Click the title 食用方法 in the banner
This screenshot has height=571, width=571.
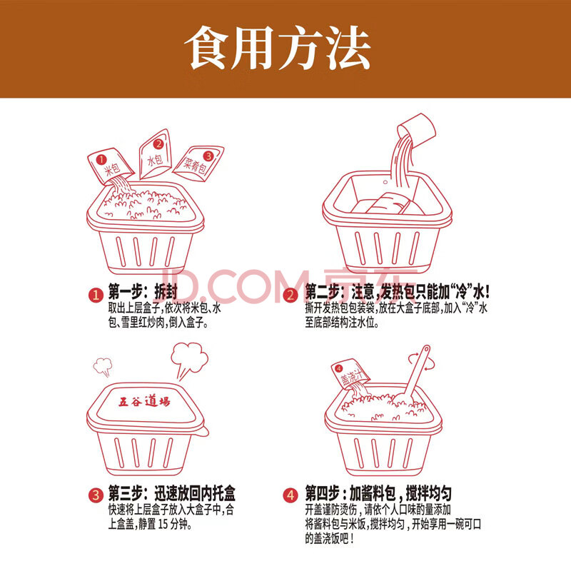[x=278, y=48]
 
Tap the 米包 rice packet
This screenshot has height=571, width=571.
[x=111, y=166]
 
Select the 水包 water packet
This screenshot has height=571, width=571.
[x=156, y=154]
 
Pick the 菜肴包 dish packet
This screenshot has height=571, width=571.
[x=198, y=163]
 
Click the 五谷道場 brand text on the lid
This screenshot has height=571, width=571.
[x=144, y=402]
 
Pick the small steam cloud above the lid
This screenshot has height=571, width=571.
[x=103, y=366]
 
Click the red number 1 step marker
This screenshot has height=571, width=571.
[x=96, y=295]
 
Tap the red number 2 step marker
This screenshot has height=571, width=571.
[x=290, y=295]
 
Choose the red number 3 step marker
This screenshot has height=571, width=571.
[x=96, y=495]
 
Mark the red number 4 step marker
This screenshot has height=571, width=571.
[x=290, y=495]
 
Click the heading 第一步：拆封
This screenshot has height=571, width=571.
[x=143, y=291]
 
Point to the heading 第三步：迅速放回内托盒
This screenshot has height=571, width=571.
[x=171, y=493]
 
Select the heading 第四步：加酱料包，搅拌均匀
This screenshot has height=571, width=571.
[x=378, y=493]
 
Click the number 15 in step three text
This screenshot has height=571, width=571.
[x=163, y=524]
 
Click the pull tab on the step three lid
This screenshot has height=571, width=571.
[x=204, y=431]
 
